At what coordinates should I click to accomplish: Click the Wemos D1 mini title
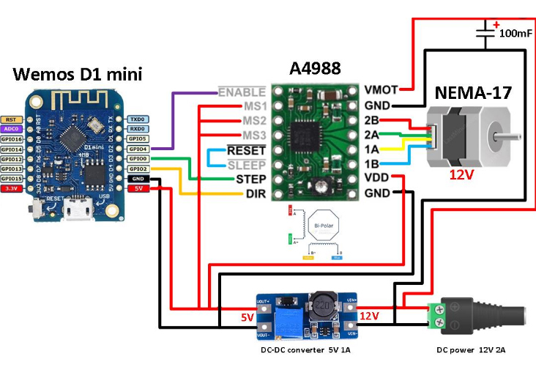point(77,74)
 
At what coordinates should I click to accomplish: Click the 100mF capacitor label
point(515,34)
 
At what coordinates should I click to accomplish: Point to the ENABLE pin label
point(241,92)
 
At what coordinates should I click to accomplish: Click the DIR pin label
point(253,193)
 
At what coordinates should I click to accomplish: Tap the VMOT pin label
point(381,89)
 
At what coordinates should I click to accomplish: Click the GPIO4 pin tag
point(138,149)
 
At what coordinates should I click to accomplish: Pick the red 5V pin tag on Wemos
point(138,188)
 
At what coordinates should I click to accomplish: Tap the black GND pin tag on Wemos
point(138,179)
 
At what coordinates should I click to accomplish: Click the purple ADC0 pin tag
point(11,128)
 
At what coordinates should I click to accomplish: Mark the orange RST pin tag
point(11,119)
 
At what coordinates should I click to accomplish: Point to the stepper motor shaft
point(510,136)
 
